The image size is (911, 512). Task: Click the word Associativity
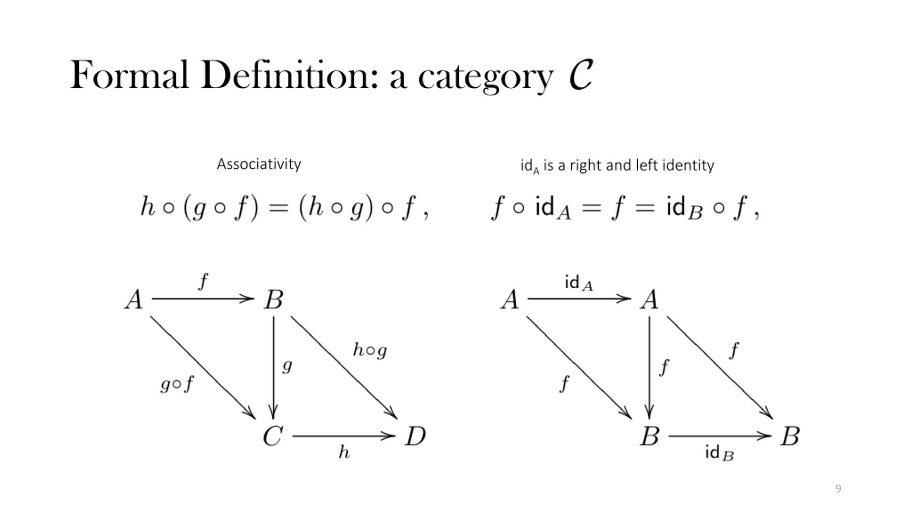pyautogui.click(x=259, y=164)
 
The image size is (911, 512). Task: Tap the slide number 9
pyautogui.click(x=838, y=489)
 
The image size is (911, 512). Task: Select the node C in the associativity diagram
pyautogui.click(x=273, y=436)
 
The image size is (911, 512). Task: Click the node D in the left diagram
pyautogui.click(x=415, y=436)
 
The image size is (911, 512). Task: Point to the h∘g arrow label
pyautogui.click(x=370, y=351)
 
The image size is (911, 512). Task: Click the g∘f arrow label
pyautogui.click(x=177, y=384)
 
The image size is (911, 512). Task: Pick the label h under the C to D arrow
pyautogui.click(x=344, y=452)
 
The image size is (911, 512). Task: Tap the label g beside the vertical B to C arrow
pyautogui.click(x=287, y=366)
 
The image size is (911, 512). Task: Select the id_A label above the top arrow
pyautogui.click(x=579, y=283)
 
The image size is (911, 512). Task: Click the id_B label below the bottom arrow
pyautogui.click(x=719, y=453)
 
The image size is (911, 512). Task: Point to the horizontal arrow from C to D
pyautogui.click(x=344, y=436)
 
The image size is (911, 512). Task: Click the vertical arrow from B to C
pyautogui.click(x=273, y=368)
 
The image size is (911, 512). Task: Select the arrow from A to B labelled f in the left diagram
pyautogui.click(x=203, y=299)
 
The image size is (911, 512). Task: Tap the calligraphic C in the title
pyautogui.click(x=581, y=75)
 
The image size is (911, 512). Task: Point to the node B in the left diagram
pyautogui.click(x=273, y=299)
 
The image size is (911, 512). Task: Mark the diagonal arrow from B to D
pyautogui.click(x=344, y=368)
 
